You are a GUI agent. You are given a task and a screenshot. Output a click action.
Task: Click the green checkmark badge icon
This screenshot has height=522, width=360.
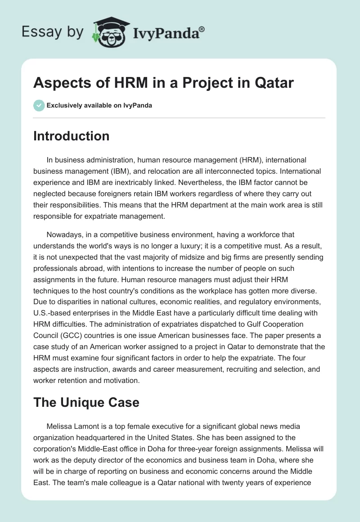coord(39,105)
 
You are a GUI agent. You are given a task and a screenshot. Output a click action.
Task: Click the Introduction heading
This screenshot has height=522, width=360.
coord(71,136)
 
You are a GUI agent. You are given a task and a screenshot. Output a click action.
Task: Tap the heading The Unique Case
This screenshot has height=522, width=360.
coord(86,402)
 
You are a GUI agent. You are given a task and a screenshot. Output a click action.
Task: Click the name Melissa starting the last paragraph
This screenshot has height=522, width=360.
coord(60,426)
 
